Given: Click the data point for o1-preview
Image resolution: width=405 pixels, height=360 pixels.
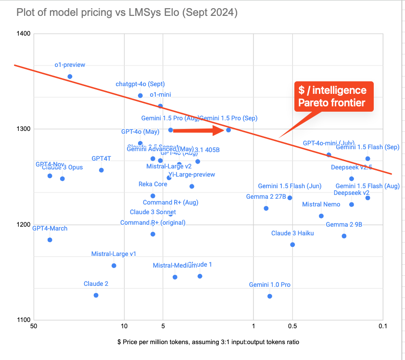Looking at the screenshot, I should (x=70, y=77).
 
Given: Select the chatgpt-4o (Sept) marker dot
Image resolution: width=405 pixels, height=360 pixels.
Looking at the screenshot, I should (x=140, y=96).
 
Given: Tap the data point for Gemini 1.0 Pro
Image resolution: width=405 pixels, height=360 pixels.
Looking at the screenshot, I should (x=269, y=296).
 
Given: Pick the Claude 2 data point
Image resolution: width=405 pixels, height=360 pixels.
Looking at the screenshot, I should (x=96, y=295).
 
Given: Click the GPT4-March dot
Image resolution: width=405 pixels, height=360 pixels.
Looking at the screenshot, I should (x=50, y=240).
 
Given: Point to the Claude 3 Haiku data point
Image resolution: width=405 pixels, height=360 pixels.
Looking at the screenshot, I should (x=292, y=244).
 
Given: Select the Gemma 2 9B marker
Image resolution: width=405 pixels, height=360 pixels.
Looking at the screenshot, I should (x=344, y=236).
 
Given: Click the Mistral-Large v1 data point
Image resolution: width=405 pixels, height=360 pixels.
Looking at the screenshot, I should (x=114, y=266).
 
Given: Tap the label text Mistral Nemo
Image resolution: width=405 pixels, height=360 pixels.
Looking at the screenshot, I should (x=321, y=205).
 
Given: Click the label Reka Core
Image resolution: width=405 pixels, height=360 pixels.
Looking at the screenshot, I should (x=153, y=184).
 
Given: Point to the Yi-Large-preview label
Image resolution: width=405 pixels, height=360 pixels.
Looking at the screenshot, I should (x=191, y=175).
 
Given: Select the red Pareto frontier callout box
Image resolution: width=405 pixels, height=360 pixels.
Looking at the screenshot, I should (x=332, y=97).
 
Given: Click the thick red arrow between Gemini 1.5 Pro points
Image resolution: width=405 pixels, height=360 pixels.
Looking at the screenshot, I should (x=197, y=130).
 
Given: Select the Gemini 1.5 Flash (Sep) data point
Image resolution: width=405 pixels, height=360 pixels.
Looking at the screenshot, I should (x=367, y=159).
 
